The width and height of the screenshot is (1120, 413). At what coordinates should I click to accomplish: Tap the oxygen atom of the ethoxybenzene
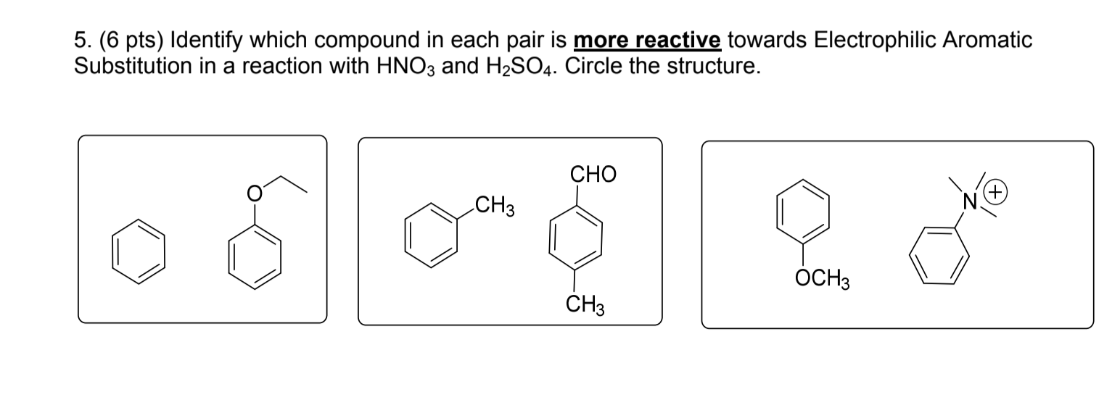click(x=254, y=193)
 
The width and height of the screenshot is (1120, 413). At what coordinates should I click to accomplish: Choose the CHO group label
click(x=593, y=174)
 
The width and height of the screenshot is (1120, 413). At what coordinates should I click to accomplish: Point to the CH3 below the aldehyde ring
click(x=585, y=304)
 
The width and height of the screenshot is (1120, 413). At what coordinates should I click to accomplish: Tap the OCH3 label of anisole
click(x=823, y=278)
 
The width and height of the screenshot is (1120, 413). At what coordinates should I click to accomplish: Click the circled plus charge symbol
click(x=997, y=193)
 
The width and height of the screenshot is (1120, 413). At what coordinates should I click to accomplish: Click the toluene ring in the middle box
click(x=431, y=235)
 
